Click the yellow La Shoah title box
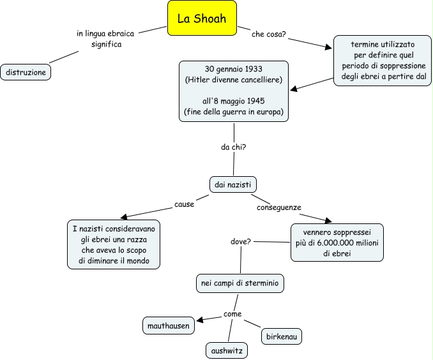pos(202,19)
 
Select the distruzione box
pos(26,72)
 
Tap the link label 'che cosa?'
pos(268,34)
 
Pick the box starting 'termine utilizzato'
pos(383,61)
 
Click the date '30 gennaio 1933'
pos(233,68)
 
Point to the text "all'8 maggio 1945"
pos(233,101)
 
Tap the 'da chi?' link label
pos(234,147)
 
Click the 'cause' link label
pos(184,205)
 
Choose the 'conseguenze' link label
pos(279,207)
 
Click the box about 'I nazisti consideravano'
pos(114,244)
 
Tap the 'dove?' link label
pos(240,243)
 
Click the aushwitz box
pos(226,350)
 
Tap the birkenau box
pos(281,336)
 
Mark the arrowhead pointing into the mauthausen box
pos(199,320)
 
